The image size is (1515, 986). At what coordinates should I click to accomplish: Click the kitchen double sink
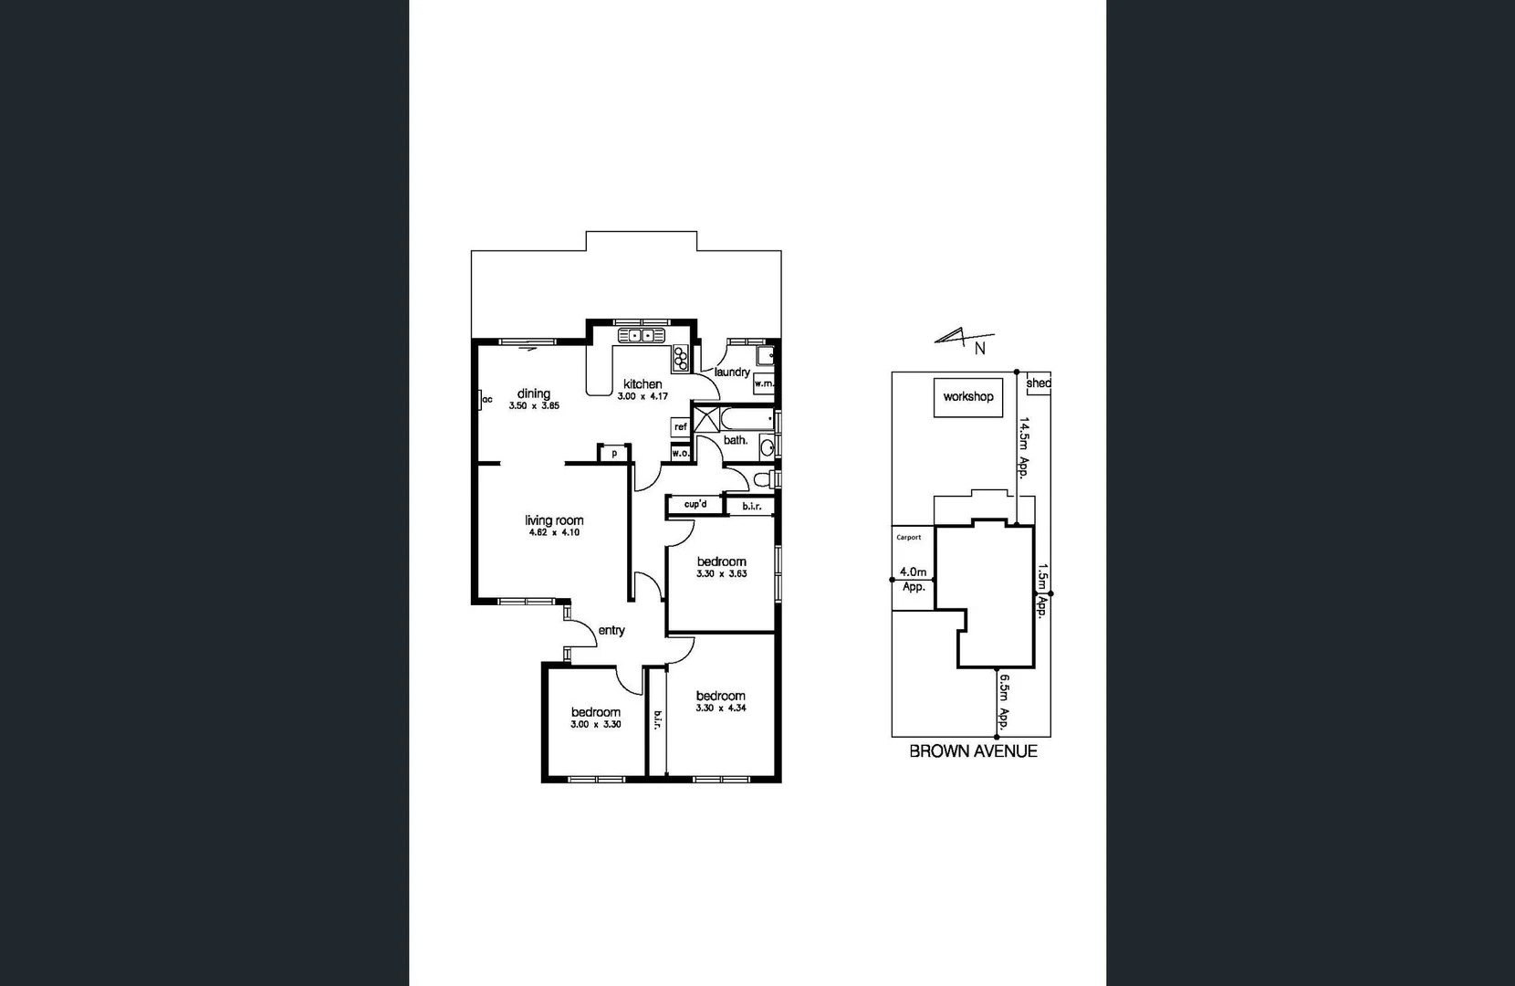(641, 336)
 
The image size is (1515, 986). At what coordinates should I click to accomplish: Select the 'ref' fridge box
(680, 426)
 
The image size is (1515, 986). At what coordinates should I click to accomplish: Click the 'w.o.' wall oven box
(680, 453)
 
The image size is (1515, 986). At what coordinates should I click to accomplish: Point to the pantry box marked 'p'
(614, 453)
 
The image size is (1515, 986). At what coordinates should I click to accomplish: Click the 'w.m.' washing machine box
(764, 384)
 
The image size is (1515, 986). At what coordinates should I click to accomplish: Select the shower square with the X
(705, 419)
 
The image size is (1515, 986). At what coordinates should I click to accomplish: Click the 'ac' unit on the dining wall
(485, 400)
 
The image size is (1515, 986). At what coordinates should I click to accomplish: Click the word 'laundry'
(732, 372)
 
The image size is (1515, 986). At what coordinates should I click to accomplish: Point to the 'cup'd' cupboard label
(695, 504)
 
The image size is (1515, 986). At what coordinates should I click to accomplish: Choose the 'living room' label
(554, 520)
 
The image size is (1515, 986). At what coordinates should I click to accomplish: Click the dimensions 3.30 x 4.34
(721, 708)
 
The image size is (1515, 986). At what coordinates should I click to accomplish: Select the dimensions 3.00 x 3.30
(596, 724)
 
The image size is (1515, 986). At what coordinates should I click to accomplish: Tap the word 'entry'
(611, 630)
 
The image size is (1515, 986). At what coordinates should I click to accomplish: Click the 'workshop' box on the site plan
(968, 397)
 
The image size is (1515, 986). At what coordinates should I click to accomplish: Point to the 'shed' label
(1039, 383)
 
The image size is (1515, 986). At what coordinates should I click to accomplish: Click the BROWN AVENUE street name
(973, 751)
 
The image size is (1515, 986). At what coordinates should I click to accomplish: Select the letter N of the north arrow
(980, 348)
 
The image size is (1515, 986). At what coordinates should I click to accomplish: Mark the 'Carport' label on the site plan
(908, 538)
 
